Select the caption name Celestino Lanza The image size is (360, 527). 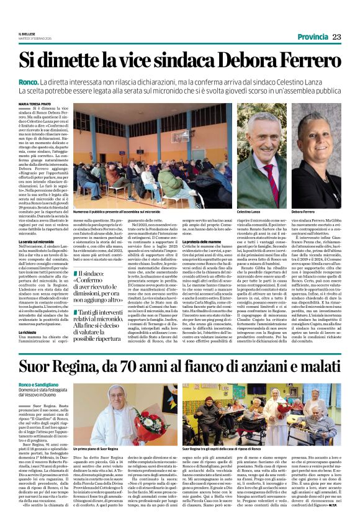(248, 212)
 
